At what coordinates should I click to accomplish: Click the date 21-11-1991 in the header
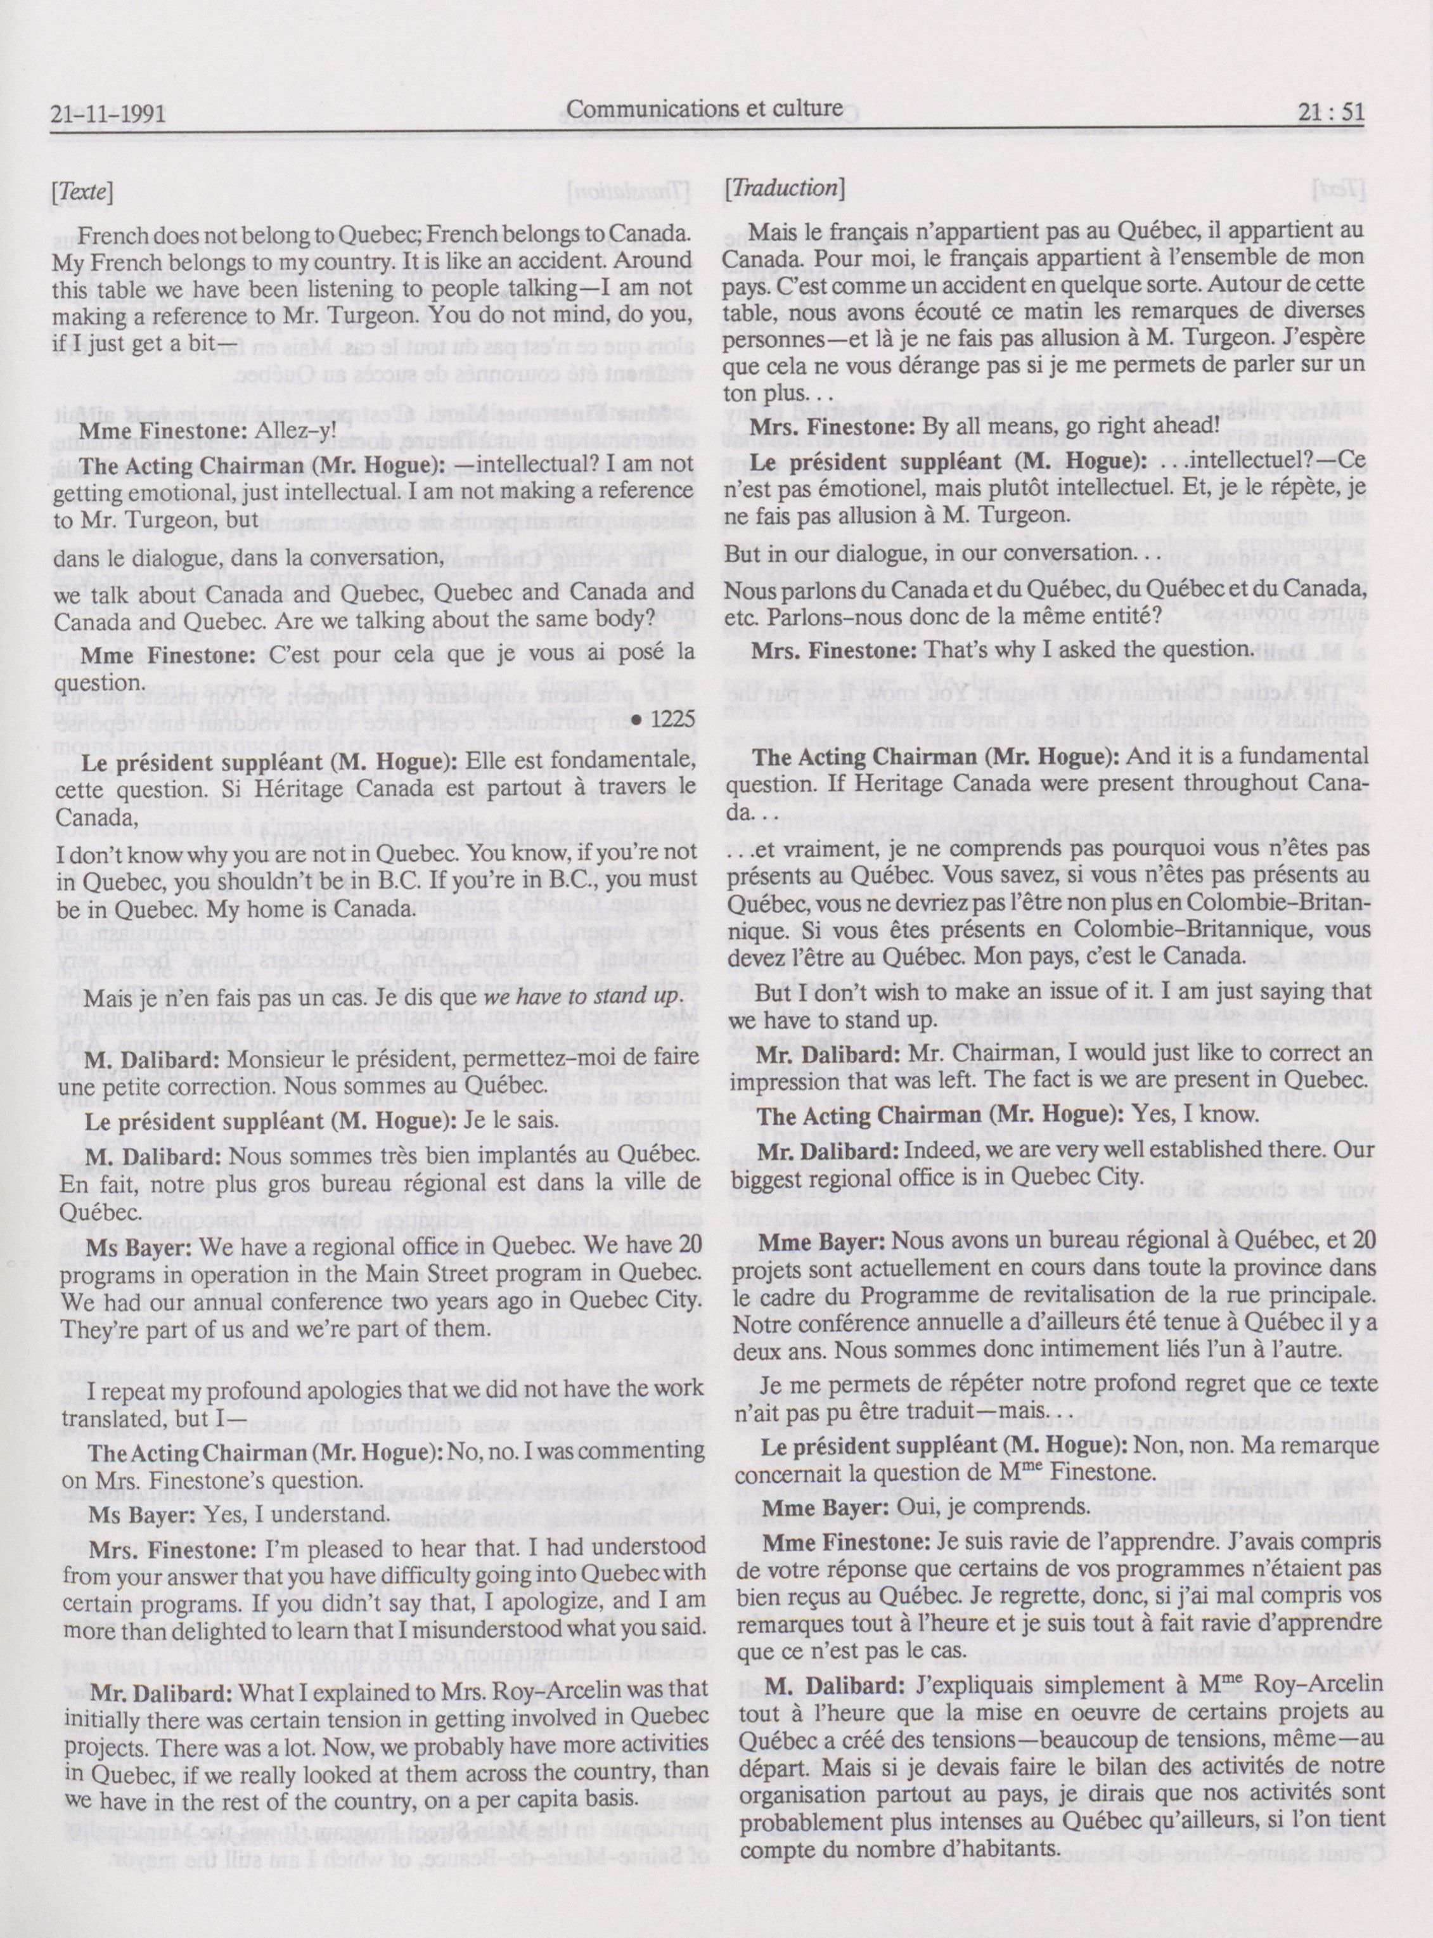[108, 113]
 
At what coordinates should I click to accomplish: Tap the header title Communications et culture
[704, 108]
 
